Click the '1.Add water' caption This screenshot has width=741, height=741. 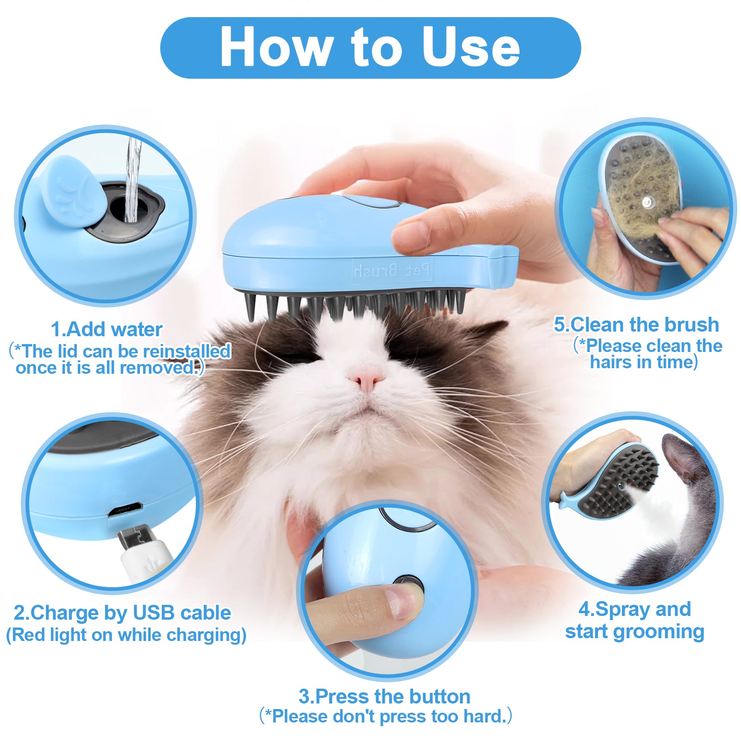point(107,330)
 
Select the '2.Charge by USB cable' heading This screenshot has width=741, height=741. point(122,613)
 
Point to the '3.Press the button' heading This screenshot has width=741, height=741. point(384,697)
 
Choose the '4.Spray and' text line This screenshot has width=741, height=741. point(634,609)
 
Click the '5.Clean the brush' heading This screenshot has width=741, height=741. point(636,325)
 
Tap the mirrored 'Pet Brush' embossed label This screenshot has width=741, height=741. point(392,270)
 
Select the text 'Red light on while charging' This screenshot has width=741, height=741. point(126,635)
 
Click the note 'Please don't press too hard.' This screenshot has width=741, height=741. point(386,716)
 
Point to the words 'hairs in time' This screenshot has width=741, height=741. point(643,362)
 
